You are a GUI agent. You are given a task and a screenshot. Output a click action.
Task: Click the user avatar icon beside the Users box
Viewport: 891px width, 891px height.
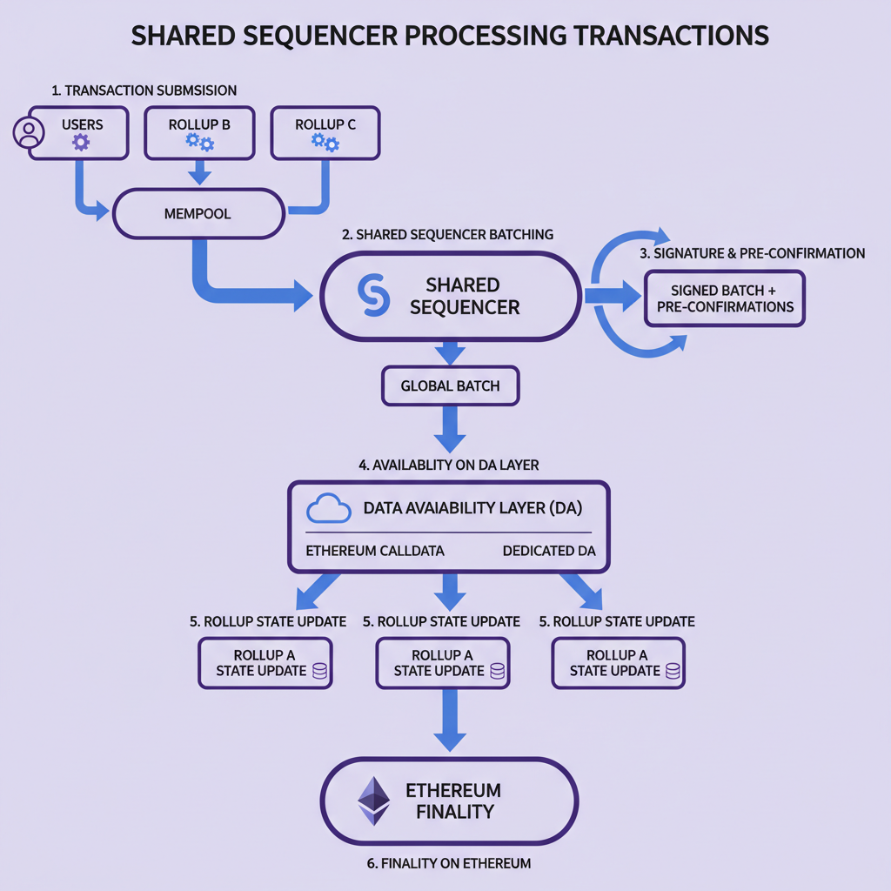29,133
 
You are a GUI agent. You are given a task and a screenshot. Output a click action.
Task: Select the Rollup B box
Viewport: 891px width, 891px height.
200,133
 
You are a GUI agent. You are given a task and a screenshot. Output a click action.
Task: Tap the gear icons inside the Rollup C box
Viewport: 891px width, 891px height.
325,143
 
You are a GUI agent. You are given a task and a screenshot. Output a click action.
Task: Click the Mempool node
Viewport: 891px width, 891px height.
198,213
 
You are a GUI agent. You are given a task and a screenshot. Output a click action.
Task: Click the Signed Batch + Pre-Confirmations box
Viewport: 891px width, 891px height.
725,298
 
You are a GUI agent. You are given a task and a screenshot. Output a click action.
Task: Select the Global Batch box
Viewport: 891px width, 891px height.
450,385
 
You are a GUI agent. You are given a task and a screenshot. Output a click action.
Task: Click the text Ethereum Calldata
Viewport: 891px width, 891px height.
375,552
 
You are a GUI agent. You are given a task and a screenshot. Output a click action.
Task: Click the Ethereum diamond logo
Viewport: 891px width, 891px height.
374,801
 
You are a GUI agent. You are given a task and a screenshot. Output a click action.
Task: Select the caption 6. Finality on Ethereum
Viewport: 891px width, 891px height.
449,863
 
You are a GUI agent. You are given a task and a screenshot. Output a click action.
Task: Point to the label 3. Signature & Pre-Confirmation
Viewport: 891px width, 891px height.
752,253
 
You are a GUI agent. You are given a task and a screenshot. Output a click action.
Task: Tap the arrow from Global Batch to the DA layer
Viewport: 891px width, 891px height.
450,428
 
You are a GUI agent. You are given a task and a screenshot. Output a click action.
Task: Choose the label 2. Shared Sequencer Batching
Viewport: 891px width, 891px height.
447,234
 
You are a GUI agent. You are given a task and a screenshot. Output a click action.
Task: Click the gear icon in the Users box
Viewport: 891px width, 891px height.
81,142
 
